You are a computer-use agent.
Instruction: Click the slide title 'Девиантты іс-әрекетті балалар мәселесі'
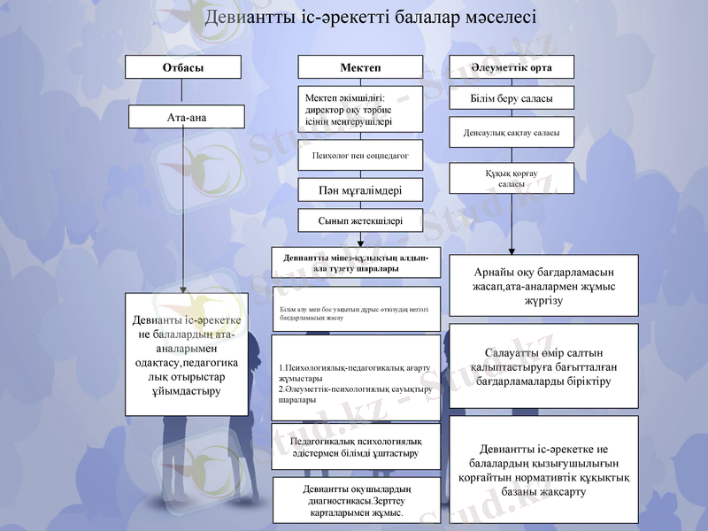pyautogui.click(x=370, y=18)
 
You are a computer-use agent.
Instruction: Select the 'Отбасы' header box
pyautogui.click(x=183, y=67)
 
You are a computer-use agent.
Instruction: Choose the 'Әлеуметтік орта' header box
pyautogui.click(x=512, y=67)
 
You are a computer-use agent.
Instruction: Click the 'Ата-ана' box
pyautogui.click(x=187, y=117)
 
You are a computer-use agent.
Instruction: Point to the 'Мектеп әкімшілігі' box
pyautogui.click(x=360, y=110)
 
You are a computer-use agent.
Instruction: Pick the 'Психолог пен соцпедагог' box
pyautogui.click(x=360, y=155)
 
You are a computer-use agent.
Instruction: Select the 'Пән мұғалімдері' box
pyautogui.click(x=360, y=189)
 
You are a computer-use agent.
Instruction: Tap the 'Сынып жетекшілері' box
pyautogui.click(x=360, y=221)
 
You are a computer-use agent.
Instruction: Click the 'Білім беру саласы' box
pyautogui.click(x=512, y=97)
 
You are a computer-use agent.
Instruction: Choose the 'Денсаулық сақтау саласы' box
pyautogui.click(x=512, y=133)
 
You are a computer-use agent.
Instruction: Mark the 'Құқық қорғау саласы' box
pyautogui.click(x=512, y=178)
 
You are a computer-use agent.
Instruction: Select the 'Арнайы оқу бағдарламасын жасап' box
pyautogui.click(x=544, y=285)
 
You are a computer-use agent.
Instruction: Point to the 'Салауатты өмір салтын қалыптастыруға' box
pyautogui.click(x=544, y=366)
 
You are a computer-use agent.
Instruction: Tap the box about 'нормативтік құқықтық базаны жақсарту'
pyautogui.click(x=544, y=469)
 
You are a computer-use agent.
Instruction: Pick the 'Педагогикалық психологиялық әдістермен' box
pyautogui.click(x=356, y=447)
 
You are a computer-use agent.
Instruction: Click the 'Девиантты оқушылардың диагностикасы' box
pyautogui.click(x=356, y=500)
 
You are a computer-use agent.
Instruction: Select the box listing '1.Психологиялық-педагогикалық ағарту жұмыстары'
pyautogui.click(x=356, y=378)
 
